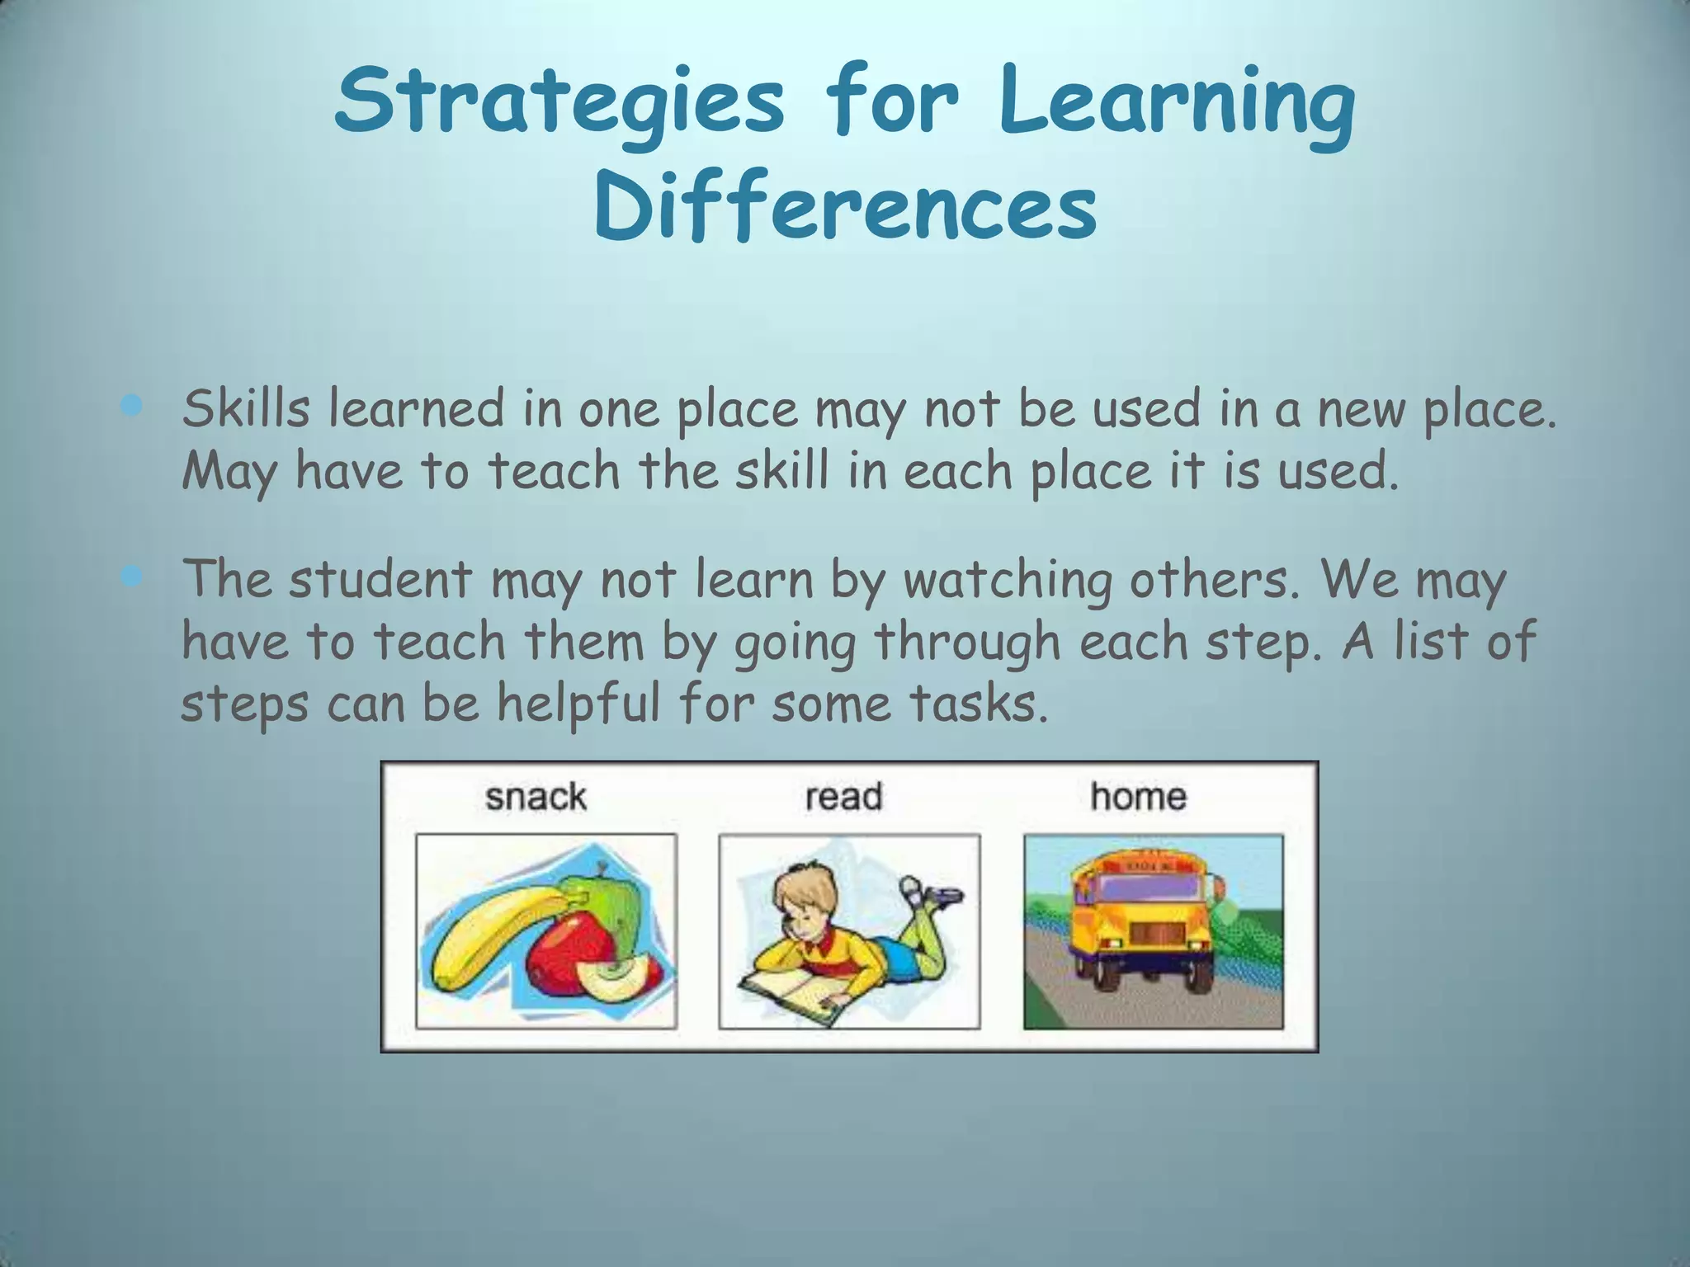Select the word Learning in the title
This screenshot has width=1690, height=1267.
[x=1175, y=102]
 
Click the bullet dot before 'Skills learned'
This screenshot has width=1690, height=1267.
[x=131, y=406]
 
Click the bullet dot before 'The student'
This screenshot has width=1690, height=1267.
[x=131, y=577]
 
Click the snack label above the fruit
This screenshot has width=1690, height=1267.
[x=536, y=797]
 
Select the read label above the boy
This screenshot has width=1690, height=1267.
[x=843, y=797]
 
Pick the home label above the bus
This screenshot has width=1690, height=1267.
[x=1138, y=797]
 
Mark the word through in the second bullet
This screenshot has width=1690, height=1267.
[x=966, y=642]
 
